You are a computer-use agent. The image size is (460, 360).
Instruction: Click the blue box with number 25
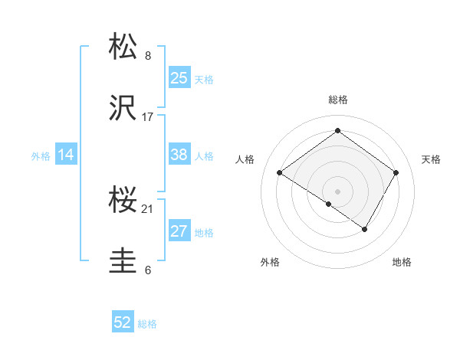tap(179, 78)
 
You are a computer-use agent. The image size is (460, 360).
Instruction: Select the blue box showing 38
tap(179, 155)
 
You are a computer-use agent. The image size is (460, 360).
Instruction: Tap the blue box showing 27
tap(179, 231)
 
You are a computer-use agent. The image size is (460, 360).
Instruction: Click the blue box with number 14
tap(66, 155)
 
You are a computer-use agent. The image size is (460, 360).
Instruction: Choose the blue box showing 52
tap(123, 323)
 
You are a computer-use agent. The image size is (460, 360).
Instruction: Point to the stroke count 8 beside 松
tap(148, 56)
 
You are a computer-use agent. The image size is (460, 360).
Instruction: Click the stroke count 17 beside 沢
tap(148, 117)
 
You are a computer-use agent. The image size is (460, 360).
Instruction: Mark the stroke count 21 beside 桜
tap(148, 209)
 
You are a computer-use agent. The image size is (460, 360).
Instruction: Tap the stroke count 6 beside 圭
tap(148, 270)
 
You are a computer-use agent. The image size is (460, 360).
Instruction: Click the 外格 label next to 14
tap(41, 156)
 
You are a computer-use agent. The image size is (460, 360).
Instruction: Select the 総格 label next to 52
tap(147, 325)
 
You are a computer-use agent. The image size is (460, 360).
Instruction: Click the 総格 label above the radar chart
tap(337, 100)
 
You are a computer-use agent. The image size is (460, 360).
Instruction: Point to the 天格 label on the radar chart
tap(431, 159)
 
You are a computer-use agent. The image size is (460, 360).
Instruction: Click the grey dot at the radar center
tap(337, 191)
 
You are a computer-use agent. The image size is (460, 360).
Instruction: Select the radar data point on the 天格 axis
tap(396, 173)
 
